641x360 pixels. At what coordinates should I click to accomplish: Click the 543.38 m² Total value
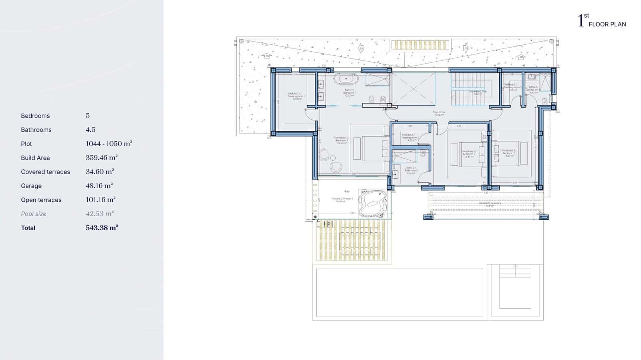tap(102, 228)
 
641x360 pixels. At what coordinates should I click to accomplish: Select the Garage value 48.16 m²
tap(99, 186)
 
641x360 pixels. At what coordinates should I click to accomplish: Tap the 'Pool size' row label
tap(34, 214)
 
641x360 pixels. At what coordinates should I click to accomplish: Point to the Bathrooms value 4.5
tap(91, 130)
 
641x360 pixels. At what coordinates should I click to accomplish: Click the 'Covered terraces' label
tap(45, 172)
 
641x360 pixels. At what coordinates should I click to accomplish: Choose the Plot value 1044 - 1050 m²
tap(109, 144)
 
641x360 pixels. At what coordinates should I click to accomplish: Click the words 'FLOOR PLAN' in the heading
tap(607, 24)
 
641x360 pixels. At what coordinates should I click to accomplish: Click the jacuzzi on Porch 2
tap(373, 202)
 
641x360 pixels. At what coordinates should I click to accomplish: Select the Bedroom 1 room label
tap(341, 139)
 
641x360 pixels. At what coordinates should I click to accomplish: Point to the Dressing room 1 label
tap(296, 96)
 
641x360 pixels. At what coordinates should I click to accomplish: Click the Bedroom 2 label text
tap(469, 154)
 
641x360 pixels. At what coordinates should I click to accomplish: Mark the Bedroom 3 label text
tap(509, 153)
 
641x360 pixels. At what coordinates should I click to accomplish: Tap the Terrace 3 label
tap(490, 204)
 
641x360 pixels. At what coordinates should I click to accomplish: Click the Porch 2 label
tap(342, 200)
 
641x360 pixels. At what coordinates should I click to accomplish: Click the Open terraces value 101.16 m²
tap(101, 200)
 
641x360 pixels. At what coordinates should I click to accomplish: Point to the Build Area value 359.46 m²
tap(101, 158)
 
